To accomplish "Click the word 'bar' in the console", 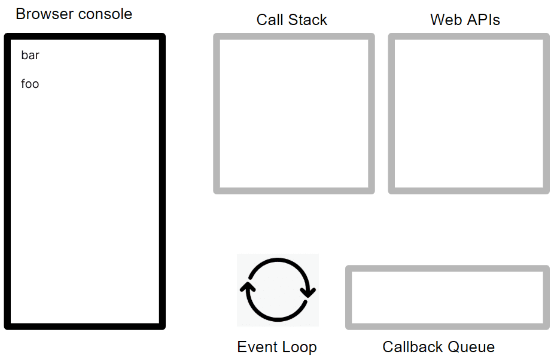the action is [30, 56].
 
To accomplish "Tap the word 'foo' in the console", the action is [30, 84].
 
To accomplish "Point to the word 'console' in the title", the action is [105, 14].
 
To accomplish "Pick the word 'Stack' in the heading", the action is [308, 20].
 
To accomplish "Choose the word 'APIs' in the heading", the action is [483, 20].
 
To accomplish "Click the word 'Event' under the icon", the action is [255, 347].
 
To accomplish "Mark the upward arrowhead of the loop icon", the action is [248, 287].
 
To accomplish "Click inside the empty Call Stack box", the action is [294, 114].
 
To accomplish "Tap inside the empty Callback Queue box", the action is [448, 298].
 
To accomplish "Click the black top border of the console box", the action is [85, 36].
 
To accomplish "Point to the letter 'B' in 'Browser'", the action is [20, 14].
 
